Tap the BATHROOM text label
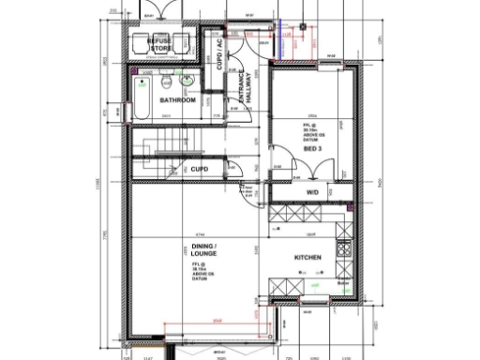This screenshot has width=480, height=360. click(176, 99)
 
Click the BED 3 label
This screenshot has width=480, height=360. click(313, 147)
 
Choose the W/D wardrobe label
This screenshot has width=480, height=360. click(313, 192)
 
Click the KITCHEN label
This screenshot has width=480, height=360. click(308, 257)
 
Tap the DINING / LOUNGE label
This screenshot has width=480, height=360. click(204, 250)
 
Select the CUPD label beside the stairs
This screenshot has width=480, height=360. click(200, 169)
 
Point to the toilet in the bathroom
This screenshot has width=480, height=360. click(164, 79)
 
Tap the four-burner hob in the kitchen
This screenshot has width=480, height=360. click(343, 250)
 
